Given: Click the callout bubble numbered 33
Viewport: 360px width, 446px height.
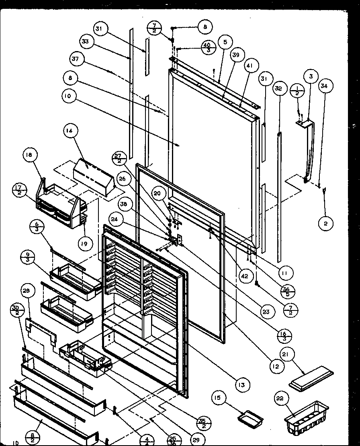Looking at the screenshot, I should [x=86, y=41].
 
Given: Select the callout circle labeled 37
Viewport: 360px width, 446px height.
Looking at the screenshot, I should [x=76, y=59].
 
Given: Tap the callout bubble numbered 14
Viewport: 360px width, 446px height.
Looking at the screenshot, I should [x=70, y=131].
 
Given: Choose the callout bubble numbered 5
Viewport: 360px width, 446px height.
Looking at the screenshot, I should [x=225, y=41].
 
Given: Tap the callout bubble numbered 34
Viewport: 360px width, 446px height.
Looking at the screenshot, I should [x=325, y=86].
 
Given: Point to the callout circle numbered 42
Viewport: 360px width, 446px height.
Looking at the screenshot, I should [x=245, y=276].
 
